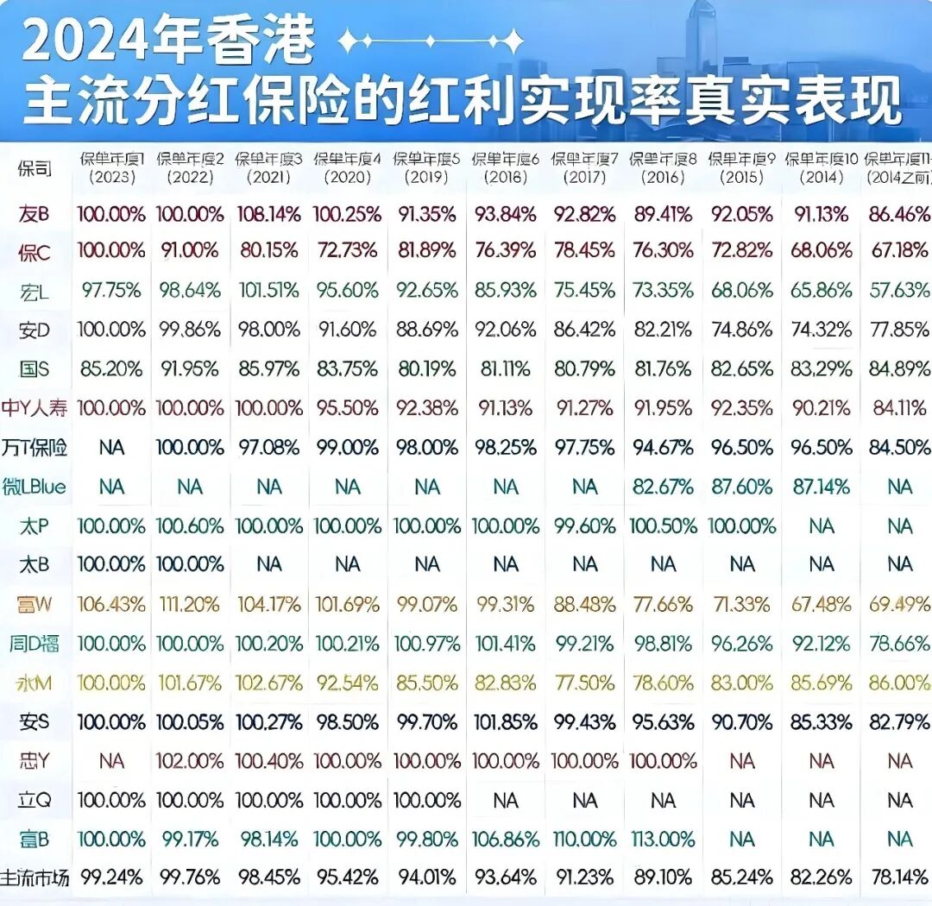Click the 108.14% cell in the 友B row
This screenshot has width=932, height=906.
click(269, 213)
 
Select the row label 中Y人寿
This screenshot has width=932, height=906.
click(35, 408)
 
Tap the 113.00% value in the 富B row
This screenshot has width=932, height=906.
click(662, 838)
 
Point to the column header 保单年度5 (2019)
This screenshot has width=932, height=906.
click(426, 167)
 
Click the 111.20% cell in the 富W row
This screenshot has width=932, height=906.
click(190, 604)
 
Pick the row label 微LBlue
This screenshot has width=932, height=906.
click(35, 487)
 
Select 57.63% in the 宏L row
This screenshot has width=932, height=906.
click(899, 291)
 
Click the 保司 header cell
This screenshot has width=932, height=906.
click(35, 168)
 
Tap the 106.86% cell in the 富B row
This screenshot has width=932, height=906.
click(506, 838)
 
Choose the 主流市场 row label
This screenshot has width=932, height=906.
click(35, 877)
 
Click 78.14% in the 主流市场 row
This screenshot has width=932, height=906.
click(899, 877)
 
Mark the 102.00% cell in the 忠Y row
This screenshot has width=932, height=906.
click(190, 761)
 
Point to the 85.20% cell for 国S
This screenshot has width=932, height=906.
click(111, 369)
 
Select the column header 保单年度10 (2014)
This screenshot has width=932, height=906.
click(822, 167)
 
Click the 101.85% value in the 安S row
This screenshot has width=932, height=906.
click(506, 721)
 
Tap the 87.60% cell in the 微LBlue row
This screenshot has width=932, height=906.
click(741, 487)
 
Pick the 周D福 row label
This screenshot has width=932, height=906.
click(35, 643)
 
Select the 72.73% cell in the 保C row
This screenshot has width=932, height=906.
click(348, 251)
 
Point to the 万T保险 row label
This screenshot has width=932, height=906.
click(35, 448)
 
